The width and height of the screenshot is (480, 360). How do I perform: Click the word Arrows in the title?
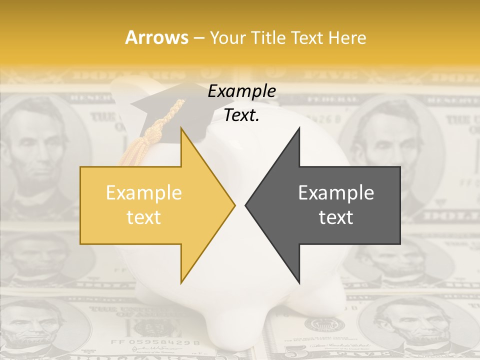tap(157, 37)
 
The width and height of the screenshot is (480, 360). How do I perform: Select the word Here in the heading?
tap(347, 37)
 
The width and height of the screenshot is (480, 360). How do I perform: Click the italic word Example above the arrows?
tap(241, 91)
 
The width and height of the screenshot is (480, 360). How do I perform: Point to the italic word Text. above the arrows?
tap(241, 115)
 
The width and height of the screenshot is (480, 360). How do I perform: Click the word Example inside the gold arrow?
tap(143, 193)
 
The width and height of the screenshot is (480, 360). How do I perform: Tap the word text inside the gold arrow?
tap(143, 217)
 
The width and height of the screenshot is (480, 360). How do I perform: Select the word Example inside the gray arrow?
tap(336, 193)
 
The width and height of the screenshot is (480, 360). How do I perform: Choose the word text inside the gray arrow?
tap(336, 217)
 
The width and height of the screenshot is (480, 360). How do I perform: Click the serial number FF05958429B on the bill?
tap(155, 343)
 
